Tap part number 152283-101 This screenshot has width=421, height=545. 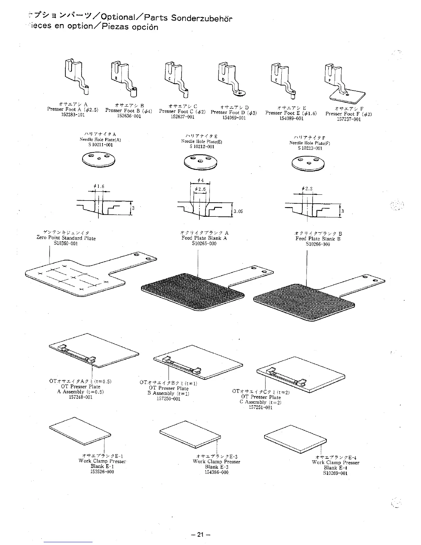coord(73,115)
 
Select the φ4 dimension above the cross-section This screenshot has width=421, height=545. coord(201,181)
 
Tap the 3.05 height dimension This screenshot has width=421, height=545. coord(238,211)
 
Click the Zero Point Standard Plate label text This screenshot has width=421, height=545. coord(66,238)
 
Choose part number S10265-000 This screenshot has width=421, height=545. coord(204,244)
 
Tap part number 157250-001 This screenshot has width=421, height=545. coord(168,399)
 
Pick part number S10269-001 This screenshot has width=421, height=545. coord(335,473)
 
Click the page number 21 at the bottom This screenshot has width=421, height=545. coord(201,535)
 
